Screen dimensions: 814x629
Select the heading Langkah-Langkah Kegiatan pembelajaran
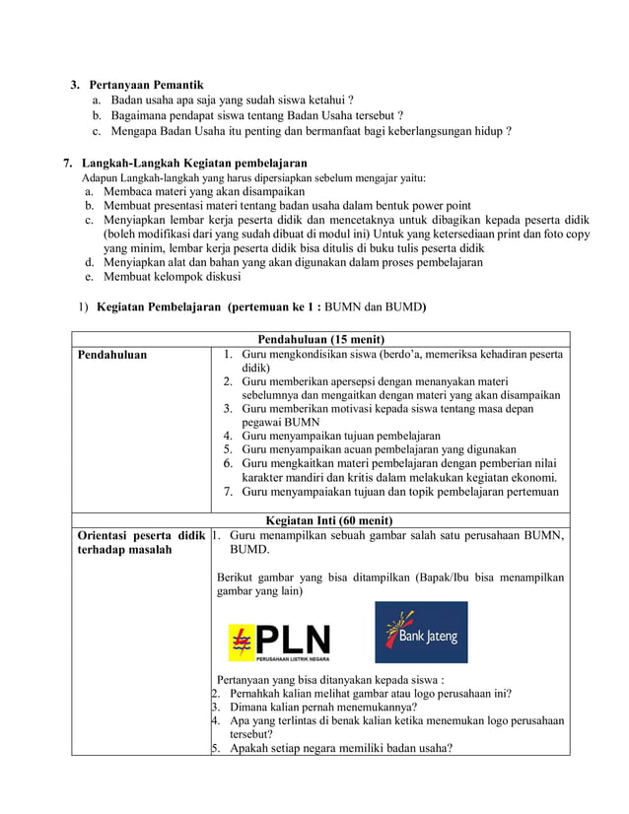point(194,163)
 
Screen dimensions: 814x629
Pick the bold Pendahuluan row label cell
point(111,355)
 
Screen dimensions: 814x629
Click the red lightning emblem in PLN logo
point(241,644)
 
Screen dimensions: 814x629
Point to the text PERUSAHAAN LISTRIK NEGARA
point(293,658)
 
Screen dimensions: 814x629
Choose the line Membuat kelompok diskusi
point(171,277)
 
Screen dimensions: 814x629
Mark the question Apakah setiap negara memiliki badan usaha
point(341,747)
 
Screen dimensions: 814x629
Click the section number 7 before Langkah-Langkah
point(67,163)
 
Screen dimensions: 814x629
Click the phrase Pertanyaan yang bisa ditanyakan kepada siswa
point(330,679)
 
